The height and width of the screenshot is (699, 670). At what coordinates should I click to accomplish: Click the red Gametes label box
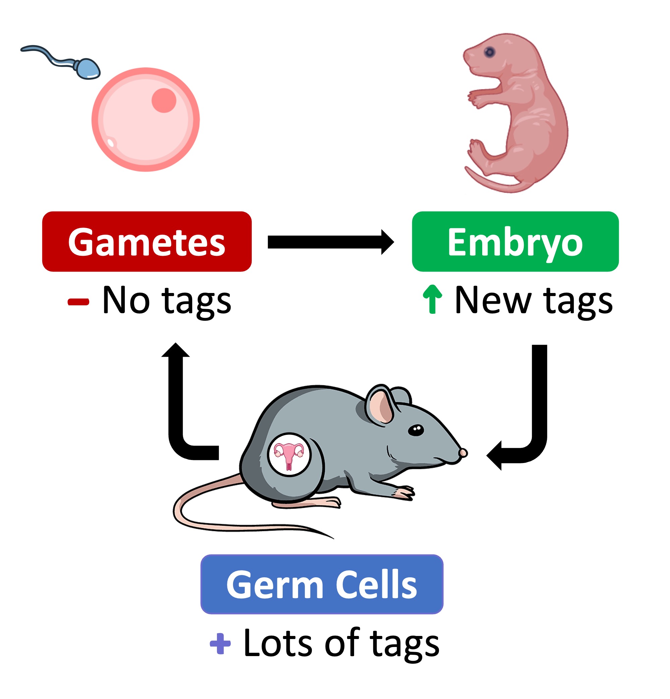point(147,241)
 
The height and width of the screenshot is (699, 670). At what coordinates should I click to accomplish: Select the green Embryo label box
point(514,241)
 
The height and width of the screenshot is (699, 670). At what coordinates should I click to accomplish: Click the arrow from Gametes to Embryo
point(330,242)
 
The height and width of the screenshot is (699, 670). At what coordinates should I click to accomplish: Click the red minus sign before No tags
point(78,302)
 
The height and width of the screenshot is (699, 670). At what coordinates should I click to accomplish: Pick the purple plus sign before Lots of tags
point(220,643)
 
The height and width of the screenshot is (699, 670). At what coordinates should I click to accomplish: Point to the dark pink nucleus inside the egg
point(164,100)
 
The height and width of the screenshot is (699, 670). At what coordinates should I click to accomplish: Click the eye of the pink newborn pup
point(490,52)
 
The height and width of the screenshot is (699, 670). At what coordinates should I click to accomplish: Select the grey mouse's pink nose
point(463,453)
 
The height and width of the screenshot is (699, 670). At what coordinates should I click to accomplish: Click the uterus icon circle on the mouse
point(289,454)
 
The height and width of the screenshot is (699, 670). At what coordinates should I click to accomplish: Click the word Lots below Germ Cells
point(278,643)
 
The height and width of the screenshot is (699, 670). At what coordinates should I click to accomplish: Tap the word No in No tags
point(125,300)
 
